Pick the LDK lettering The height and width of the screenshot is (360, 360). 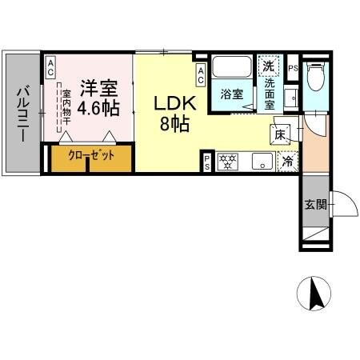(x=172, y=103)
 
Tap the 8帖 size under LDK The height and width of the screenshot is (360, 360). (x=172, y=124)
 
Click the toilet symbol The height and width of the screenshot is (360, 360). (x=317, y=78)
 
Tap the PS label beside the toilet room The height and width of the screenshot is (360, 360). (x=293, y=69)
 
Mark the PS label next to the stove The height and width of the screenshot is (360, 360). (x=207, y=162)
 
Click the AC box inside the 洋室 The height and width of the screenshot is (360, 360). (x=50, y=68)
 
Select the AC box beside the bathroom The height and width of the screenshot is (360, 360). (x=201, y=76)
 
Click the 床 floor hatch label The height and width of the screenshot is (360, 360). (x=282, y=134)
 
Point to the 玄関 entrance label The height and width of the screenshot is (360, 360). (x=315, y=204)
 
